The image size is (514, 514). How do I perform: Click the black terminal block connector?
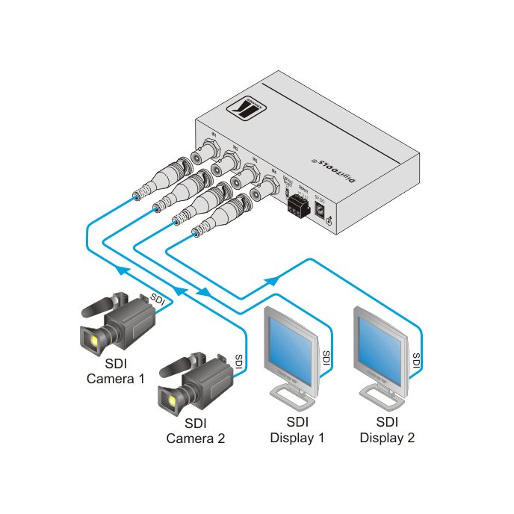point(298,207)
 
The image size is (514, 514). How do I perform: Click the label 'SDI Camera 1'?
point(116,372)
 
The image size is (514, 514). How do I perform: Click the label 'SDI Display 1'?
point(297,431)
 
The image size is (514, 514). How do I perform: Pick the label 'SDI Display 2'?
point(386,431)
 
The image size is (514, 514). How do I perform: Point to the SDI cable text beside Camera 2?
point(239,362)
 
